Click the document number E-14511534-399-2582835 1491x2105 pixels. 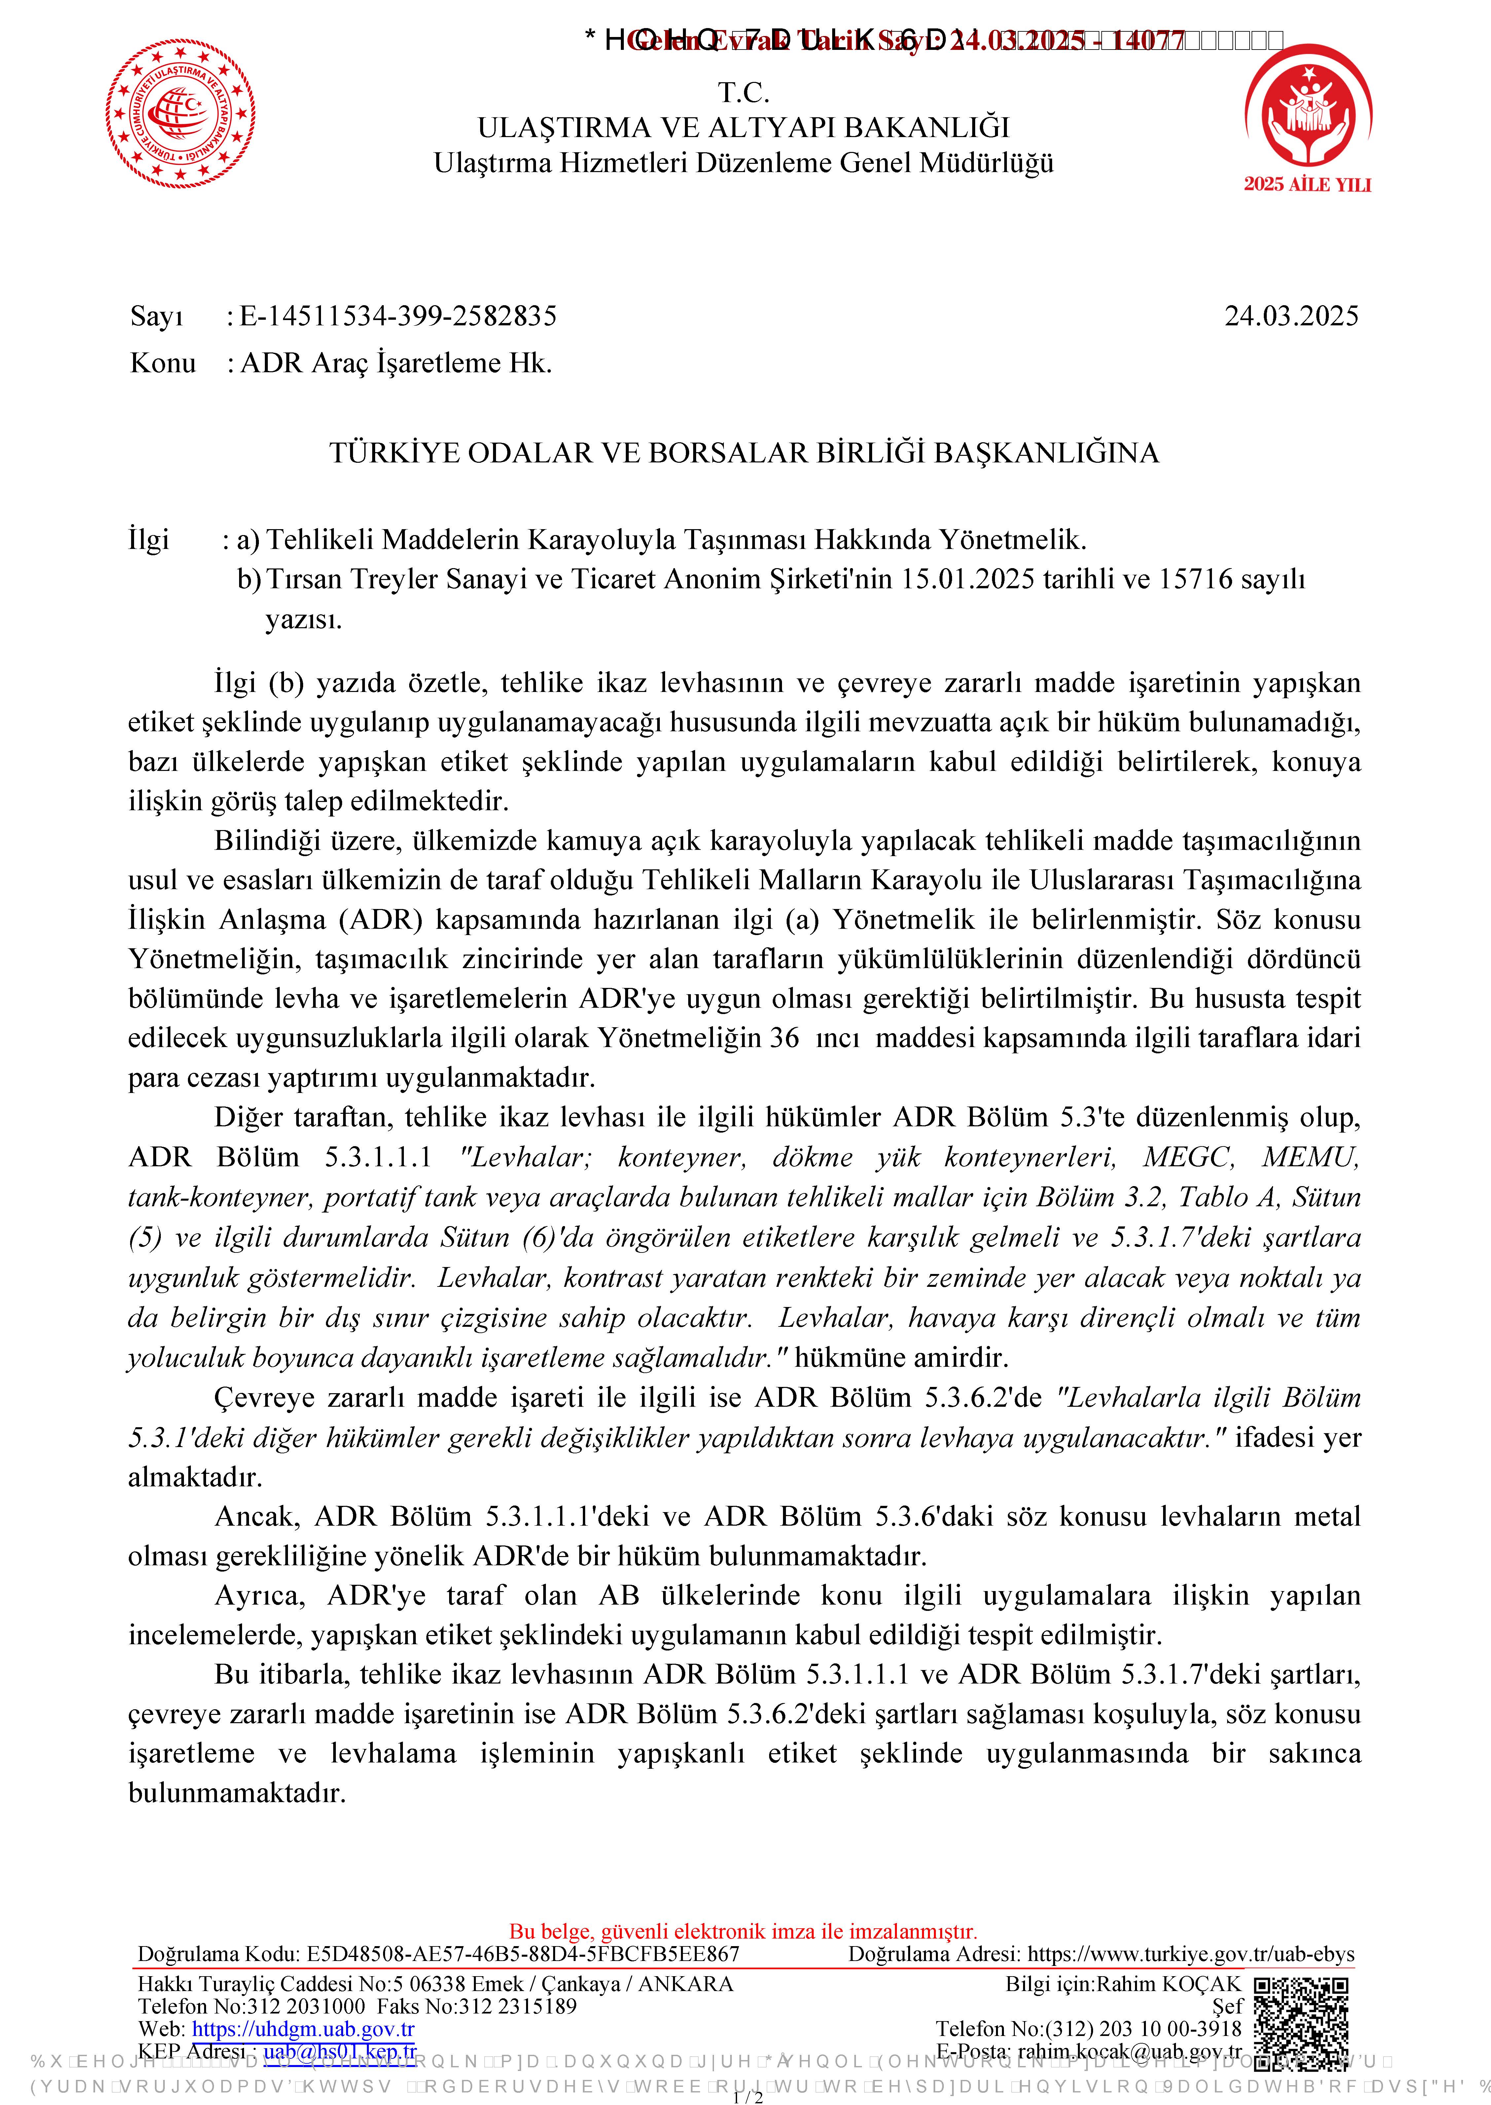click(x=398, y=316)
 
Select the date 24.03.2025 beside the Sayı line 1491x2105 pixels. click(x=1291, y=316)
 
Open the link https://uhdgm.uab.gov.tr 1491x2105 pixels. click(x=303, y=2028)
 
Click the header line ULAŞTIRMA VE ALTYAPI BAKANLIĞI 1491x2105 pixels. click(x=744, y=127)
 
